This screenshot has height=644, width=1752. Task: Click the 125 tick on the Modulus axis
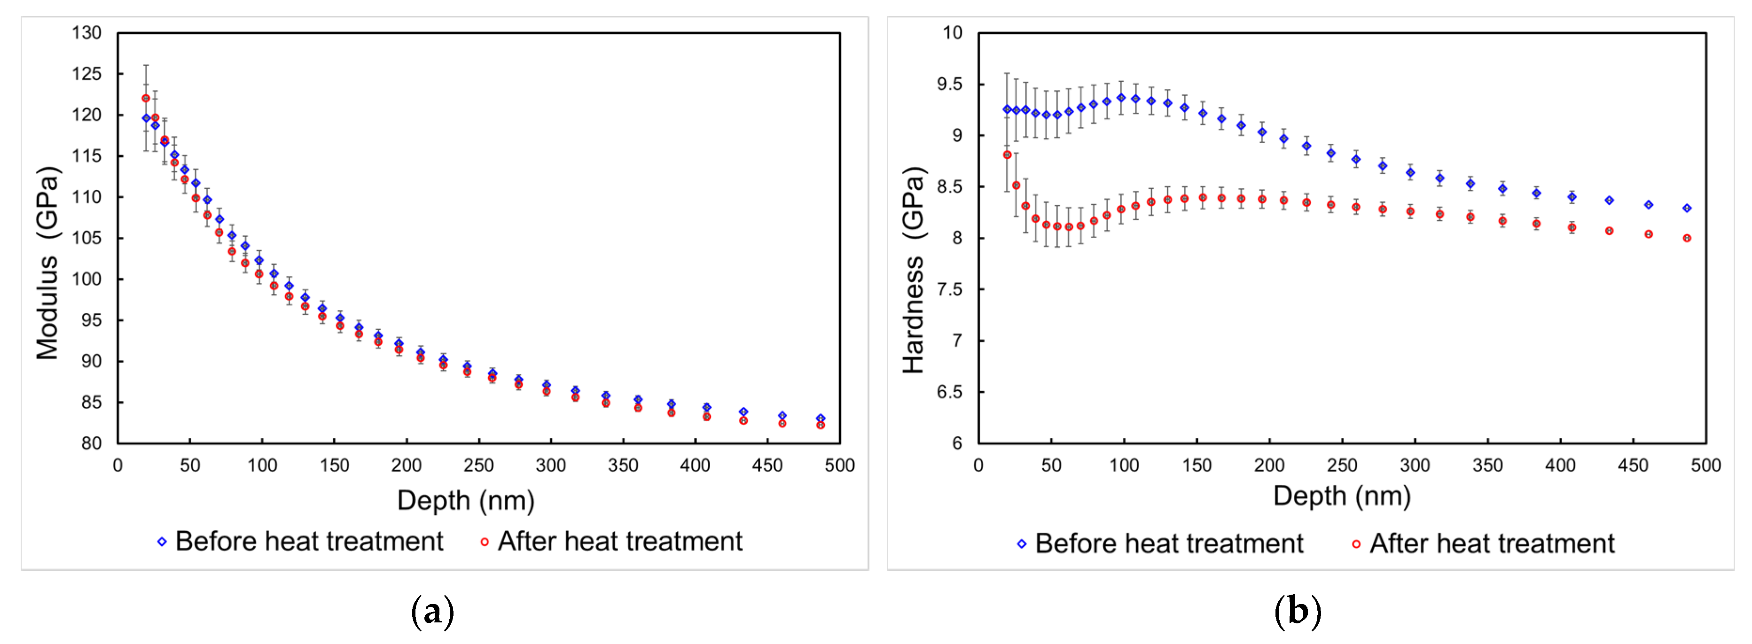pos(86,73)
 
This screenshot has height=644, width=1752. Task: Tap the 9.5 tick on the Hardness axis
pos(949,85)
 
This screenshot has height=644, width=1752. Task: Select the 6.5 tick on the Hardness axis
pos(949,392)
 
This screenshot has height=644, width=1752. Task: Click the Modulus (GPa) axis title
pos(47,263)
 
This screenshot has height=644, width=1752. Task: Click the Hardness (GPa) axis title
pos(914,269)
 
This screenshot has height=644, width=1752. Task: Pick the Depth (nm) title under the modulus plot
pos(466,501)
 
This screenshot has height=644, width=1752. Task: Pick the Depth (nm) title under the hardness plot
pos(1341,496)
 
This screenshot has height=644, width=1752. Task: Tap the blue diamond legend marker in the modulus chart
pos(162,542)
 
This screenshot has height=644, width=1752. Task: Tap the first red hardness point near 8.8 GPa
pos(1007,155)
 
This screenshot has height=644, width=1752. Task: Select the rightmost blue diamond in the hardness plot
pos(1687,208)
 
